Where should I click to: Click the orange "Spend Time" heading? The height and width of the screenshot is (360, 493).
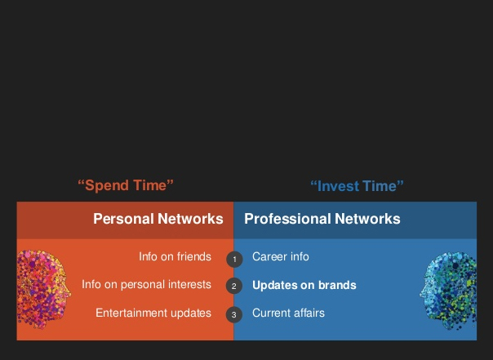pos(126,185)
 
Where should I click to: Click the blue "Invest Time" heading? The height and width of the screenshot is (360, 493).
pos(357,186)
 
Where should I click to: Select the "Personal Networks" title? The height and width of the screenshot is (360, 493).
pos(158,219)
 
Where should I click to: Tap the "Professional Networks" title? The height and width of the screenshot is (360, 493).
pos(322,219)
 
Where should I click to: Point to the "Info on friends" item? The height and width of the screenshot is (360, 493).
pos(175,256)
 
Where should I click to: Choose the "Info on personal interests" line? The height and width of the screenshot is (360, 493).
pos(147,285)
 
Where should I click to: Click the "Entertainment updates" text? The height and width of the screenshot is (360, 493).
pos(153,313)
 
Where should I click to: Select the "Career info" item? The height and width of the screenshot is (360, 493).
pos(281,256)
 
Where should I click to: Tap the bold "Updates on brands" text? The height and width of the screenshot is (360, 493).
pos(304,285)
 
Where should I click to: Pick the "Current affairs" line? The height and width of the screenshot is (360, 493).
pos(288,313)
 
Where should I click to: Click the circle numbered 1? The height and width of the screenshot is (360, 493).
pos(234,260)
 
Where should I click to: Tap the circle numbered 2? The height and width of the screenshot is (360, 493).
pos(234,286)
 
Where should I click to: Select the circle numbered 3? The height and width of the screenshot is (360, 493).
pos(234,315)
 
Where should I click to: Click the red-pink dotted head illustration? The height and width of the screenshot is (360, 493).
pos(43,289)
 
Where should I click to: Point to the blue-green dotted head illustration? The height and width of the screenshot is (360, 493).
pos(449,291)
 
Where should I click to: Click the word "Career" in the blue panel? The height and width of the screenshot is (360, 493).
pos(269,256)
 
